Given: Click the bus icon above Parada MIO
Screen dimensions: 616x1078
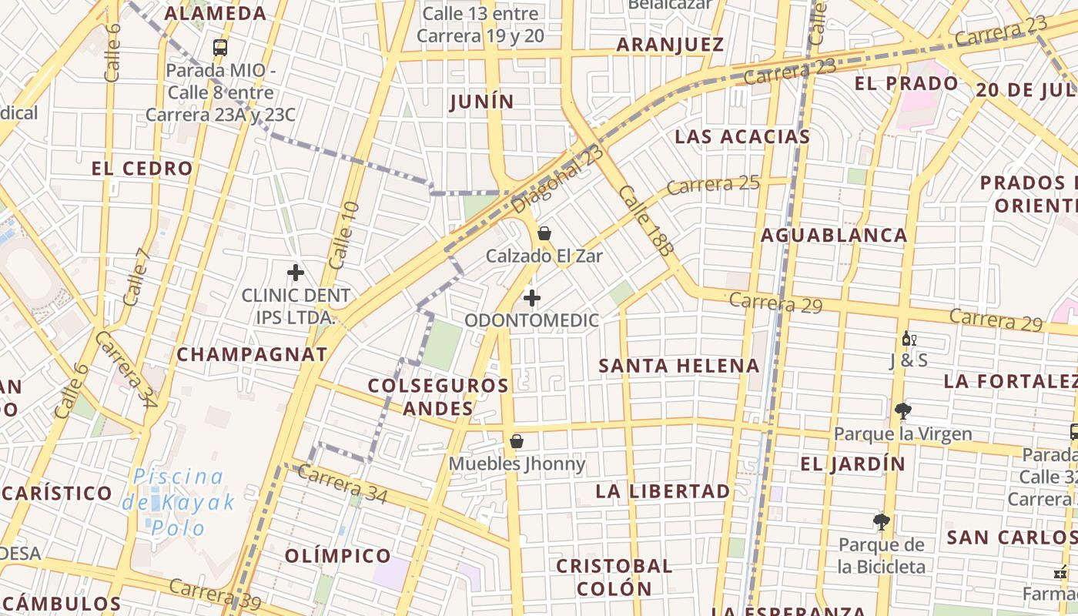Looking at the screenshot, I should (x=220, y=48).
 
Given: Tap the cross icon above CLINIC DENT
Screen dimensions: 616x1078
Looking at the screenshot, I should (x=296, y=273).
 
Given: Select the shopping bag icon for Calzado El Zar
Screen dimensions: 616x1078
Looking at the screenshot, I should (x=544, y=233).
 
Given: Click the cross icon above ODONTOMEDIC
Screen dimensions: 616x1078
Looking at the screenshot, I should (x=531, y=298).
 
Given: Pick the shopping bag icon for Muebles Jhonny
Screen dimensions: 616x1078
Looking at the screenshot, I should (x=517, y=441).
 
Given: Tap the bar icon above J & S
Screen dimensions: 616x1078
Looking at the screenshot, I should (x=909, y=338).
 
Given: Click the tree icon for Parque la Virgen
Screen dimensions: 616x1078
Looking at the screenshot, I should (x=902, y=411).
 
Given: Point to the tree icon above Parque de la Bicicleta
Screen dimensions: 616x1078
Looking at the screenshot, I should (x=882, y=523).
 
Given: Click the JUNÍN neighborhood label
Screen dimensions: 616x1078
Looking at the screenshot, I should (x=482, y=102).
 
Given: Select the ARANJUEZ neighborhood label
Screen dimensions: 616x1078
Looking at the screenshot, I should (x=671, y=45).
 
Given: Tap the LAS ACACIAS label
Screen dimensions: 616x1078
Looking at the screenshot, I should (x=742, y=137).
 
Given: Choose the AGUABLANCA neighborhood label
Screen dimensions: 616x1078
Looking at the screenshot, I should (x=834, y=235).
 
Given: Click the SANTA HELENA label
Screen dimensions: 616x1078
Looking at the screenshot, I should (x=679, y=366).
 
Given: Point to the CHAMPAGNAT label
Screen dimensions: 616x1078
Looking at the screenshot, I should (x=252, y=354).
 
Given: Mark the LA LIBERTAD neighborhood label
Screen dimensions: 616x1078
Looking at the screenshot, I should (x=663, y=491).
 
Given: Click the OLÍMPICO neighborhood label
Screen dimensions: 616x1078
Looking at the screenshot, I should (x=338, y=555).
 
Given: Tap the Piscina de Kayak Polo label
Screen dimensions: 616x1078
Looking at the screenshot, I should (x=179, y=502).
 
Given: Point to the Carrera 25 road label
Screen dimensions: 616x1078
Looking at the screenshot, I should (x=713, y=185).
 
